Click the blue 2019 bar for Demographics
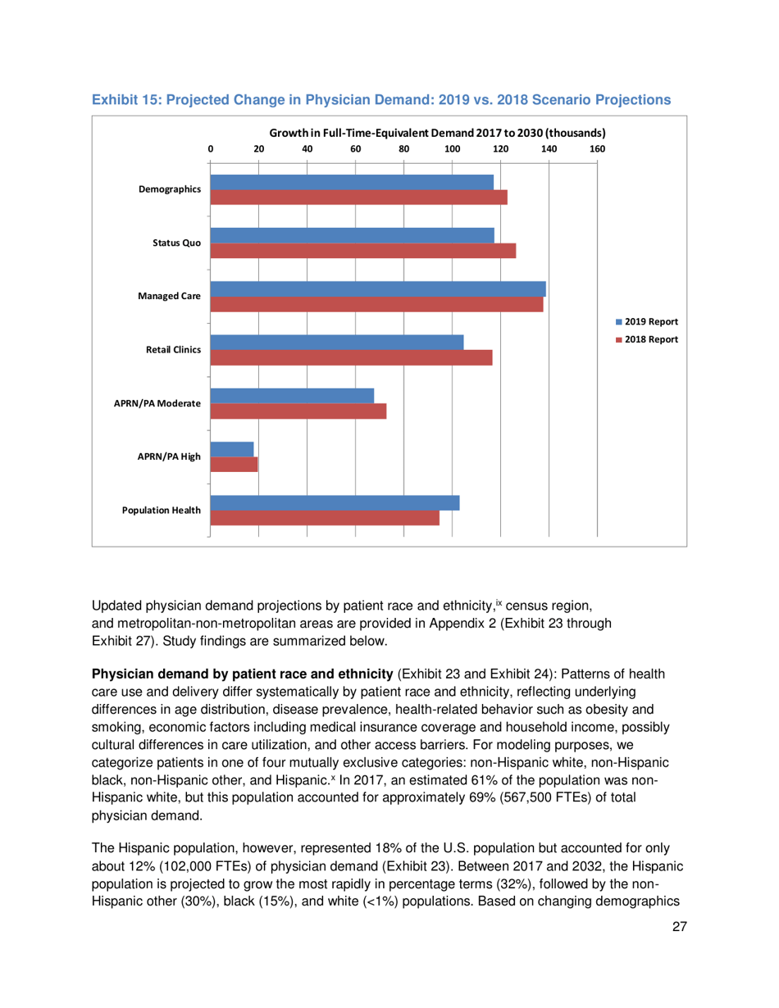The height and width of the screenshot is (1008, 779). tap(352, 182)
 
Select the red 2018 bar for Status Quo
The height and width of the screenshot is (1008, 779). tap(363, 251)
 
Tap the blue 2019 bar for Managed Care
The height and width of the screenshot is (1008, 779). tap(378, 288)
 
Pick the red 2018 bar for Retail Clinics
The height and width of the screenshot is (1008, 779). tap(351, 357)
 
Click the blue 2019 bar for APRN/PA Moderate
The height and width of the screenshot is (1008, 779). tap(292, 396)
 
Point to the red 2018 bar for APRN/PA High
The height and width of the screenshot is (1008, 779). tap(234, 465)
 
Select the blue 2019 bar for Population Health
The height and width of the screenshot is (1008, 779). tap(335, 502)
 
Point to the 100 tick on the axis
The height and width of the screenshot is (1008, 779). tap(452, 148)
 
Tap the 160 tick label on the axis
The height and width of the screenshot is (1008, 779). tap(598, 148)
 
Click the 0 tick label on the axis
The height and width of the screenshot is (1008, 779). tap(211, 148)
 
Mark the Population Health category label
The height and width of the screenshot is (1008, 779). tap(161, 510)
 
